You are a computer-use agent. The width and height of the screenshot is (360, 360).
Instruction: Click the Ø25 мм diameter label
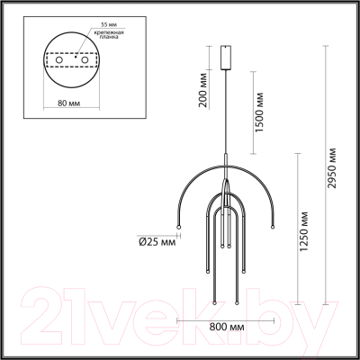pos(155,239)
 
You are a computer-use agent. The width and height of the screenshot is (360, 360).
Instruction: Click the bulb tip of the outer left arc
pos(178,226)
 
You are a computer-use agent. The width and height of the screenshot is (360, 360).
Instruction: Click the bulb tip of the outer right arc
pos(275,226)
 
